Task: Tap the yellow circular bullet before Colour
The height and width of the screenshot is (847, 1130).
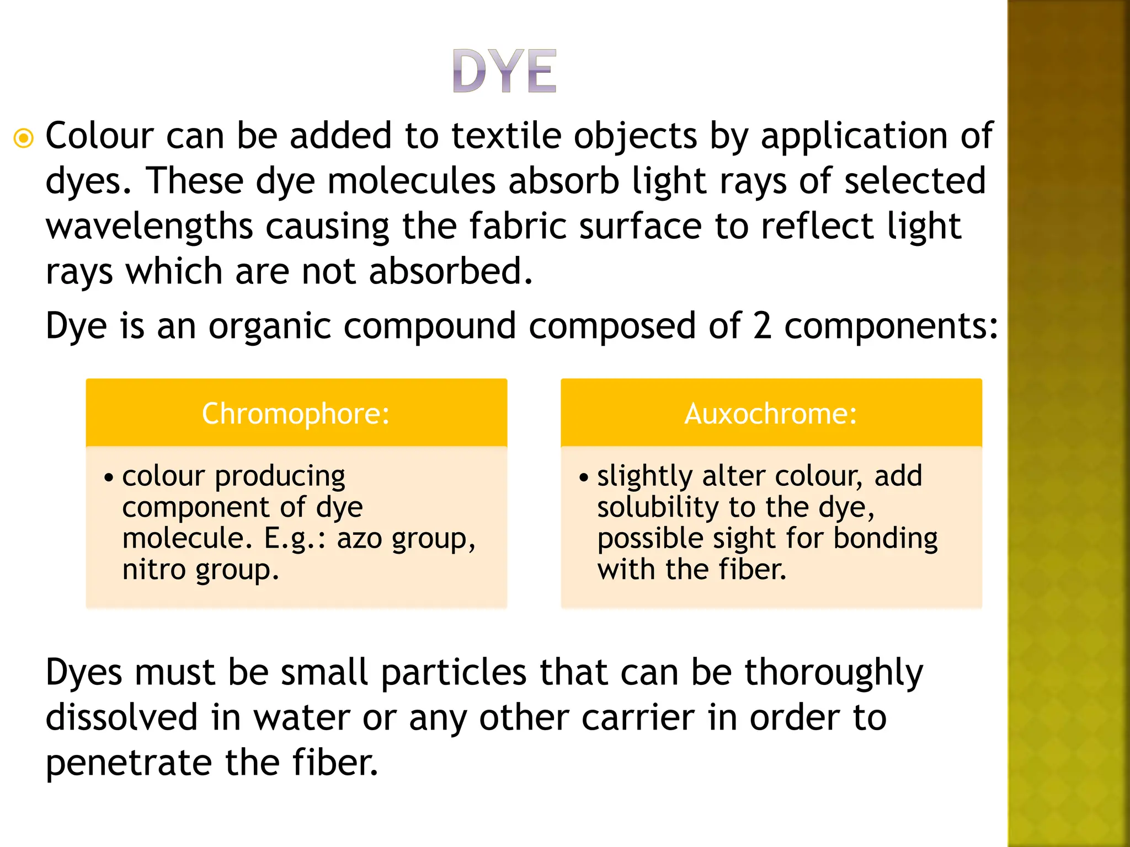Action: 24,138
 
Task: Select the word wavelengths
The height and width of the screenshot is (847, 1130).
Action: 149,227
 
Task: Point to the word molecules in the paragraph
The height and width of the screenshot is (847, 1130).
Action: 411,181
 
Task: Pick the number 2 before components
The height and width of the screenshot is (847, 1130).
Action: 762,326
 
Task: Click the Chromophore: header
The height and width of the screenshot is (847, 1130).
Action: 296,414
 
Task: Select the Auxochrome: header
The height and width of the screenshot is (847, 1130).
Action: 771,414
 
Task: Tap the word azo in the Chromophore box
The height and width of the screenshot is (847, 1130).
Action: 359,538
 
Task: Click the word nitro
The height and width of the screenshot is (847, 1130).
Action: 153,570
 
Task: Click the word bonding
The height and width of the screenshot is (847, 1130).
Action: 885,539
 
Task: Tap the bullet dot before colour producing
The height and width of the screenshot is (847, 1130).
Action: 109,477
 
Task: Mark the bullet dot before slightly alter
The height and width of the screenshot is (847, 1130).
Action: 584,477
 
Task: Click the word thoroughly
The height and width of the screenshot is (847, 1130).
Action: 834,674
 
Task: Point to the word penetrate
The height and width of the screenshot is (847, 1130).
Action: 129,764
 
